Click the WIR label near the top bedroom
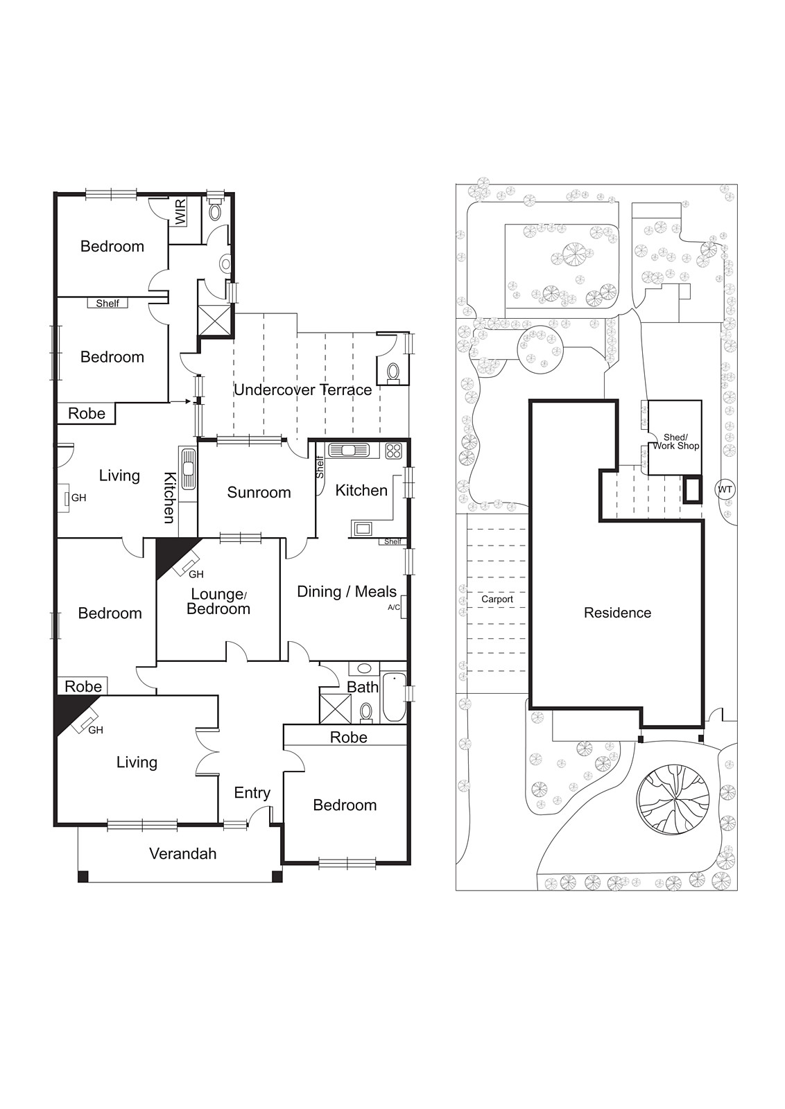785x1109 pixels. (181, 212)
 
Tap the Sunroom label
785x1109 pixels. (259, 492)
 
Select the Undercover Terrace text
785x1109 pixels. (302, 390)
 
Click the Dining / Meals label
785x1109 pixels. (347, 591)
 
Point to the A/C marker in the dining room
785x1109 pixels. (393, 607)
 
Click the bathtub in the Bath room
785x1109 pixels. (394, 696)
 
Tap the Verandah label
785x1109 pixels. (183, 853)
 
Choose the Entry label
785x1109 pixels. (252, 792)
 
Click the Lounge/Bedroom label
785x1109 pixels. (218, 601)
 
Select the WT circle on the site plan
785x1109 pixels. (725, 489)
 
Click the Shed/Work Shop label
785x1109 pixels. (675, 442)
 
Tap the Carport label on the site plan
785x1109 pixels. (497, 599)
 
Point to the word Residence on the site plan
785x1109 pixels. (617, 613)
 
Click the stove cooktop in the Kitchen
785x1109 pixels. (393, 451)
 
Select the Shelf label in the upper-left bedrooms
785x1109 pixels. (107, 303)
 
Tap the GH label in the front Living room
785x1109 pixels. (96, 729)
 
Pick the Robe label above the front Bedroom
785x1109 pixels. (348, 737)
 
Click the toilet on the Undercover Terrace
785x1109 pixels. (393, 373)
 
